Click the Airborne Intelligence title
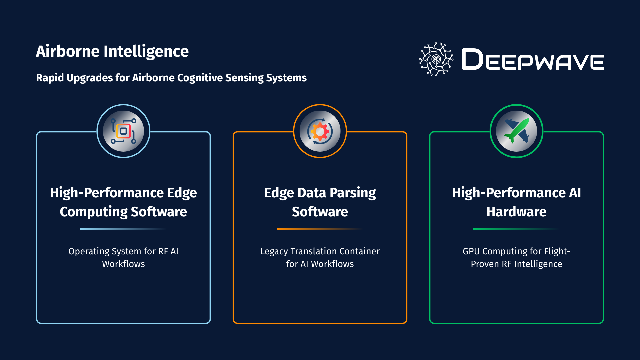[x=112, y=51]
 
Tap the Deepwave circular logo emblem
[x=436, y=59]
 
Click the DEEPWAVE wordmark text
[x=532, y=60]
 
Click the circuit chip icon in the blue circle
[x=123, y=131]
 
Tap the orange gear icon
[x=320, y=131]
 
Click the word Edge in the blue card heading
[x=182, y=193]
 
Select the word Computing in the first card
[x=93, y=212]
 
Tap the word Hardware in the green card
[x=516, y=212]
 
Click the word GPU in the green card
[x=471, y=251]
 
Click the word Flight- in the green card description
[x=557, y=251]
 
